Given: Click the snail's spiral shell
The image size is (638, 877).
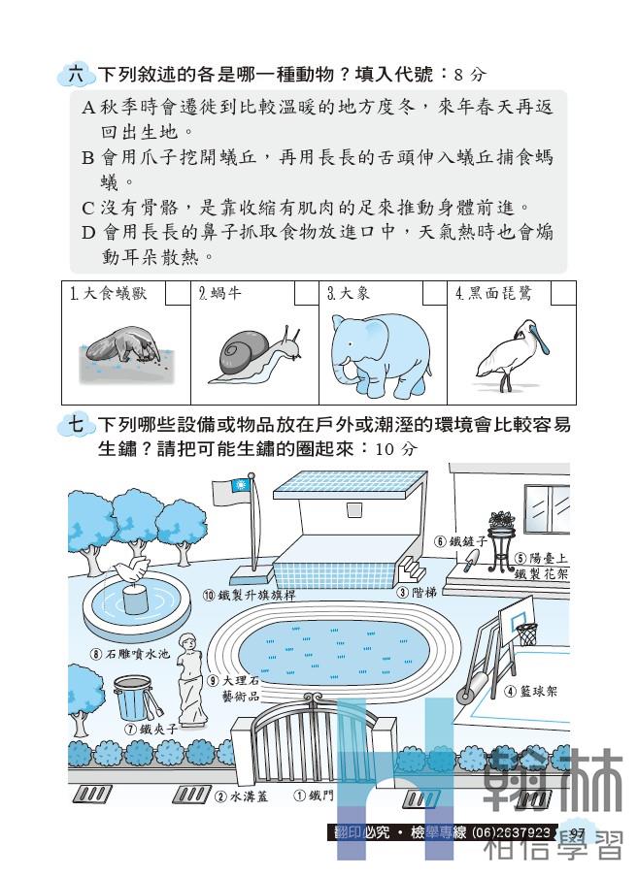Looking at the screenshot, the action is (x=243, y=352).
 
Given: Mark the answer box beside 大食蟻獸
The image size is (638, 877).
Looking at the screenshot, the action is (x=178, y=294).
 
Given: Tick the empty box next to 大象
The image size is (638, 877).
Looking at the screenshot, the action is (x=434, y=294).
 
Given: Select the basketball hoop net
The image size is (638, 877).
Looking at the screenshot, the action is (x=526, y=633).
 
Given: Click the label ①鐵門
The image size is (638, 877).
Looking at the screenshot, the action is (x=314, y=795).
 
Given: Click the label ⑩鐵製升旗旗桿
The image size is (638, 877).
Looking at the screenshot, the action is (x=249, y=595).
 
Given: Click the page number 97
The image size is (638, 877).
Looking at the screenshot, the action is (x=577, y=833).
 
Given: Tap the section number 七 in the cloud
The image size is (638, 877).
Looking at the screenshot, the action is (x=76, y=424).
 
